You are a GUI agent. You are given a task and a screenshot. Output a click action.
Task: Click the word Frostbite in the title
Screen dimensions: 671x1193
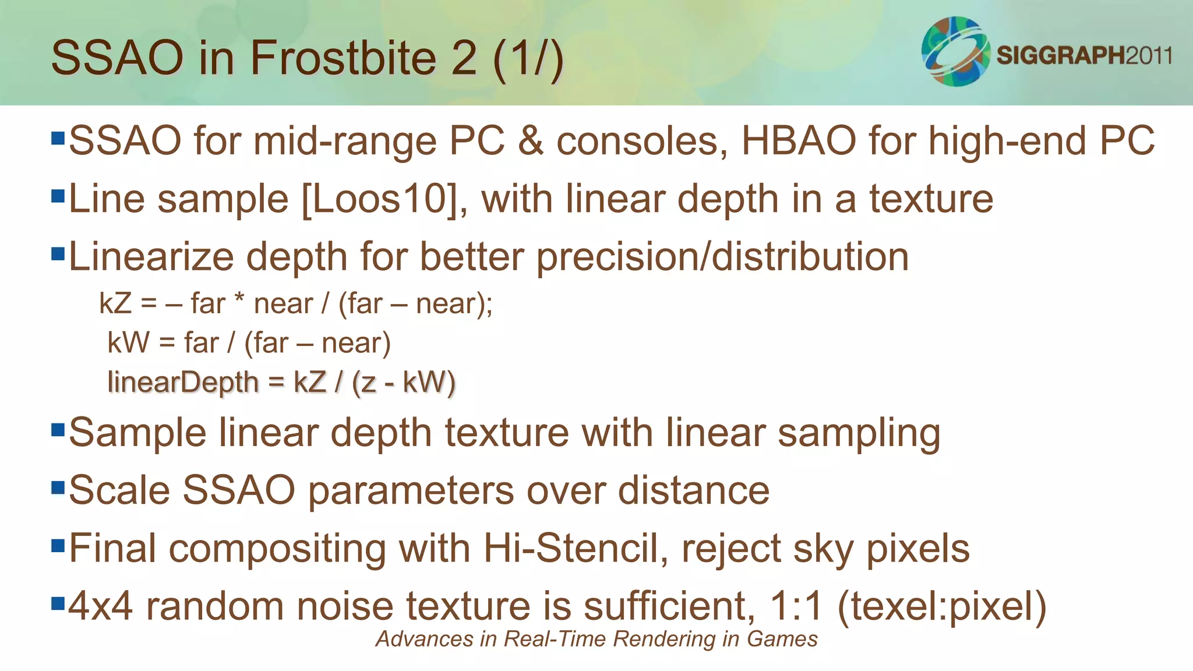tap(343, 58)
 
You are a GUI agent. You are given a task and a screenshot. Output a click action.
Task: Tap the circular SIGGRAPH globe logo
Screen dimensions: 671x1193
tap(955, 51)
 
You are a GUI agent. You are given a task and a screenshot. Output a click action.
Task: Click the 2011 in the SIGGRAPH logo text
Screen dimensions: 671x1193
tap(1148, 55)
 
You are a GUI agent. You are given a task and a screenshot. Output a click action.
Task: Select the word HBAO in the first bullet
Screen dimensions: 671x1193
tap(799, 141)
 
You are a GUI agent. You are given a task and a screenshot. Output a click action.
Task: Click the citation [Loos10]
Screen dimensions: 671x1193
tap(380, 199)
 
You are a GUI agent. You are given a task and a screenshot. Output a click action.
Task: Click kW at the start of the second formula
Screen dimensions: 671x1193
tap(129, 343)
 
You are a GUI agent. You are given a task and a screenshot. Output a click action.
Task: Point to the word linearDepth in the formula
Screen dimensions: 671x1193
tap(183, 383)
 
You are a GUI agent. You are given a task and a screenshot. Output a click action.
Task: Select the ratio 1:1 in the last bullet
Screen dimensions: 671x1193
tap(796, 606)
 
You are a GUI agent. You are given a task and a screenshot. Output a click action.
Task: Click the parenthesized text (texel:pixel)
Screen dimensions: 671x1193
tap(942, 606)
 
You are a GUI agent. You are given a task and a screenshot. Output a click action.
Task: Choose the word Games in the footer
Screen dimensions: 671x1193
tap(782, 639)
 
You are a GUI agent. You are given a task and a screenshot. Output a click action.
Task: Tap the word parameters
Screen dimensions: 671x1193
tap(411, 490)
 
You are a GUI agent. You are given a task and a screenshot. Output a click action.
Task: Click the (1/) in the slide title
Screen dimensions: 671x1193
tap(528, 58)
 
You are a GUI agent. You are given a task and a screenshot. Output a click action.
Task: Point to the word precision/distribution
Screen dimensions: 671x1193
tap(722, 257)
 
